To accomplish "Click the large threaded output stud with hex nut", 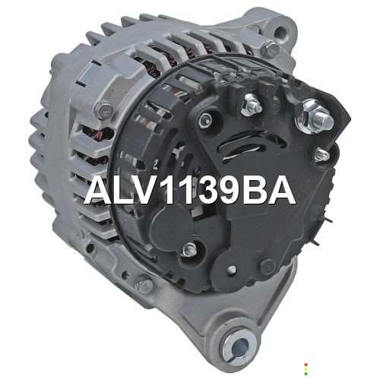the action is [x=315, y=119].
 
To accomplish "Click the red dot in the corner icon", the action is [x=306, y=365].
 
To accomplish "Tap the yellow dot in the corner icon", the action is [x=306, y=369].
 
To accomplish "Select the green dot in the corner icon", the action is [x=306, y=374].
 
